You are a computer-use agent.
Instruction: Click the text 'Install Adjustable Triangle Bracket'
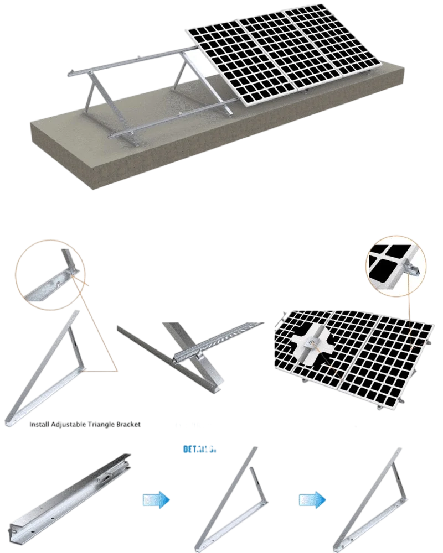84,425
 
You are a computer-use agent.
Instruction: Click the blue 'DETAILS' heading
199,450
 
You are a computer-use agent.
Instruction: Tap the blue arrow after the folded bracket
157,500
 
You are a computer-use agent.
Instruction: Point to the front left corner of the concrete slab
89,188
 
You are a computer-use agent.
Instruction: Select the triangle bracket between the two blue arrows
233,498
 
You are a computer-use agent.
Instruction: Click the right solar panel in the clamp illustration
388,359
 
